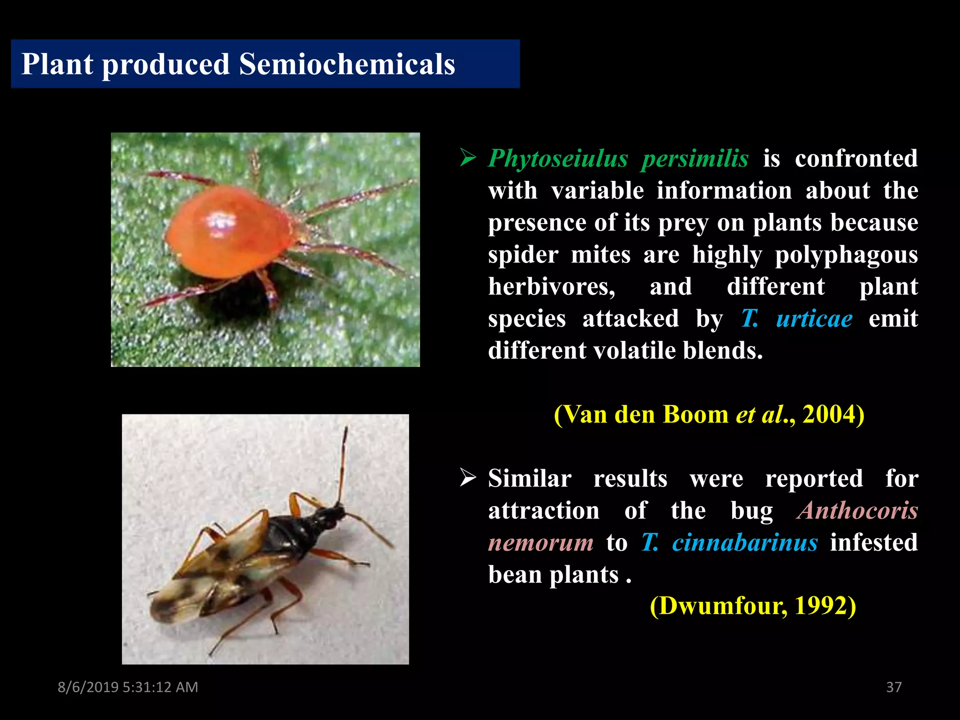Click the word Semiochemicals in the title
(347, 64)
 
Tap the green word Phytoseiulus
(558, 158)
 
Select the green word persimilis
(695, 158)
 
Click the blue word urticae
(814, 319)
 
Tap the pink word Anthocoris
(857, 510)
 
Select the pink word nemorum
(541, 543)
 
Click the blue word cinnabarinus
(745, 543)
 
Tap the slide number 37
(893, 687)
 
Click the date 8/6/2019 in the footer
(88, 687)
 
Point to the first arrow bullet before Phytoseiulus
(468, 157)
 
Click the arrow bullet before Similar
(468, 478)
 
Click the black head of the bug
(334, 512)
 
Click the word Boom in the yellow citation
(696, 414)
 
